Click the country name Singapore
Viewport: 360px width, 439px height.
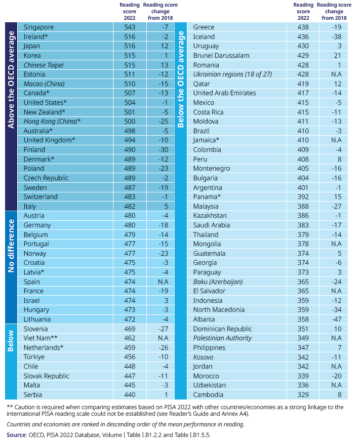[x=38, y=27]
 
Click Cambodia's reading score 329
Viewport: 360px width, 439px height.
[x=303, y=394]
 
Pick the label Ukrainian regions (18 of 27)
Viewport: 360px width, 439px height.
[x=232, y=74]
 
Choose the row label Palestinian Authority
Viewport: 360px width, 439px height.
[x=222, y=338]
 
